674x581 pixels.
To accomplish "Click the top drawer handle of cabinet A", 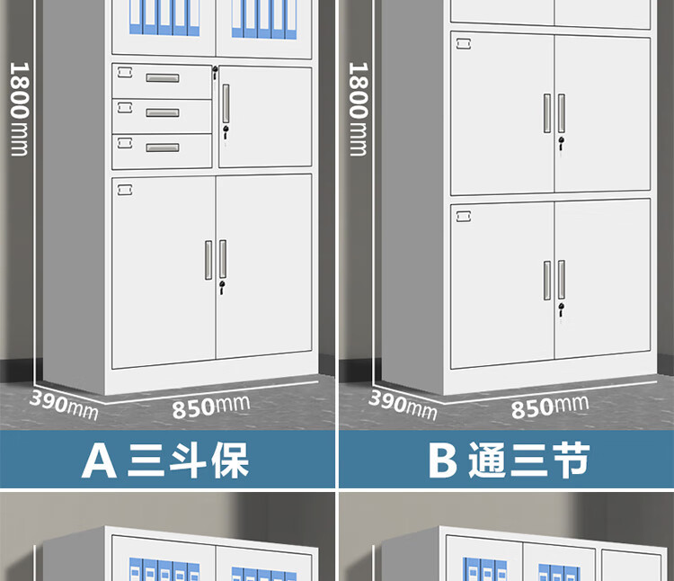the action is [x=162, y=77].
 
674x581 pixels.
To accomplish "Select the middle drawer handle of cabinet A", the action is [x=162, y=112].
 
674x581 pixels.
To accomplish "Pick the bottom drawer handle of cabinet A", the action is [x=162, y=147].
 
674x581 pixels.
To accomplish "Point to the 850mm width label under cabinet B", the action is [x=549, y=406].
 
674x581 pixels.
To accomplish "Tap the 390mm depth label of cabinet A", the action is [x=64, y=403].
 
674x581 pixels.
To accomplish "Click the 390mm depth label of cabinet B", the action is [x=403, y=403].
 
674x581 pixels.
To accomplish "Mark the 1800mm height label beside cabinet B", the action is [x=358, y=108].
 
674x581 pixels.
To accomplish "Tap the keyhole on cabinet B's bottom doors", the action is [x=562, y=309].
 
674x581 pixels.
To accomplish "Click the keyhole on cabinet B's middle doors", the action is [x=562, y=142].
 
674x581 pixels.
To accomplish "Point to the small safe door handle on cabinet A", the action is [x=226, y=100].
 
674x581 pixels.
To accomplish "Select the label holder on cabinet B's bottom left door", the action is [x=464, y=214].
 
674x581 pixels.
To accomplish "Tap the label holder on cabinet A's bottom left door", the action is [x=124, y=188].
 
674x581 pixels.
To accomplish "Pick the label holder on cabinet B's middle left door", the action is [x=464, y=42].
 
